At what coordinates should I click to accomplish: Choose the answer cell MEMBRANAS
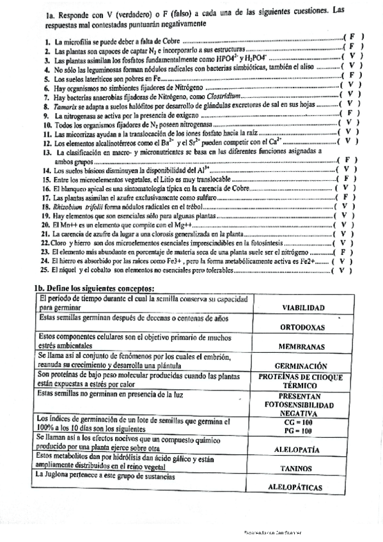[x=303, y=346]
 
